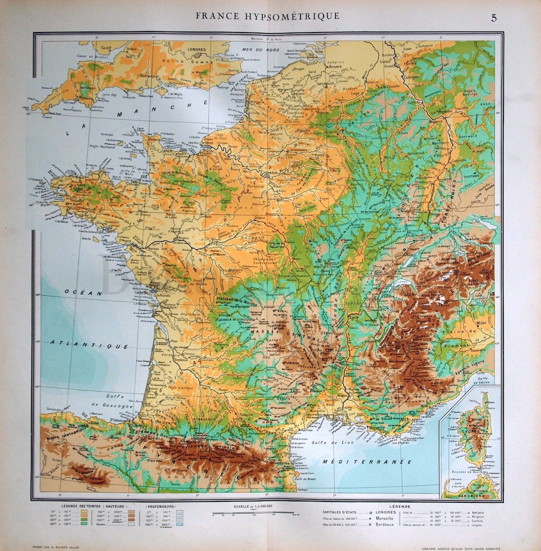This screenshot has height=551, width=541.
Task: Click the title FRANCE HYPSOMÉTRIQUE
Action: click(x=267, y=16)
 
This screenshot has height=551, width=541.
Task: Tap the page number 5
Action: click(x=494, y=18)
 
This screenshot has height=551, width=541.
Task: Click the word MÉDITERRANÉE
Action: click(x=367, y=461)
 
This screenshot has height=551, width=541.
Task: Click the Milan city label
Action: click(x=482, y=323)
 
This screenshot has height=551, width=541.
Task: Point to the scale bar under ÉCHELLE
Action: click(x=252, y=513)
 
